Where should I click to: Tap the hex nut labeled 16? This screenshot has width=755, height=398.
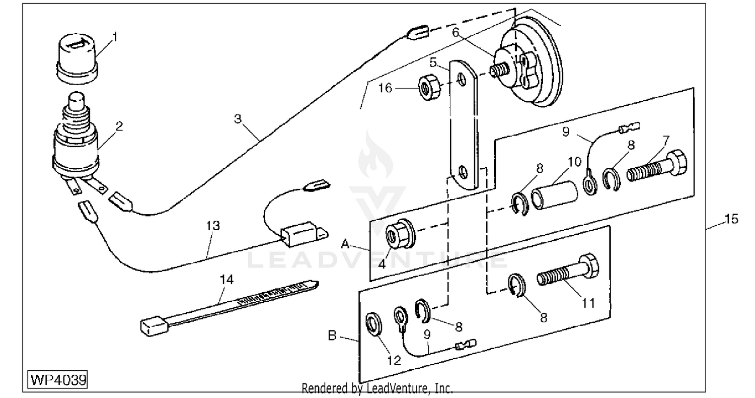tap(429, 89)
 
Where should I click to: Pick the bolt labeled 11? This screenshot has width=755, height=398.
tap(569, 273)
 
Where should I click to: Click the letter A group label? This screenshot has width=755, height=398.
tap(345, 243)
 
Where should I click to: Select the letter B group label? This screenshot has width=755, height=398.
tap(332, 336)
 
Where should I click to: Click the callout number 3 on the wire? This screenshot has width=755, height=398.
tap(238, 119)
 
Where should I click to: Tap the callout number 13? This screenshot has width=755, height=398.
tap(213, 225)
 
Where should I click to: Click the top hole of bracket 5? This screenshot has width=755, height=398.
tap(461, 80)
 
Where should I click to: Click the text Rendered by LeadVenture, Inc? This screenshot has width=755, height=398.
tap(377, 388)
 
